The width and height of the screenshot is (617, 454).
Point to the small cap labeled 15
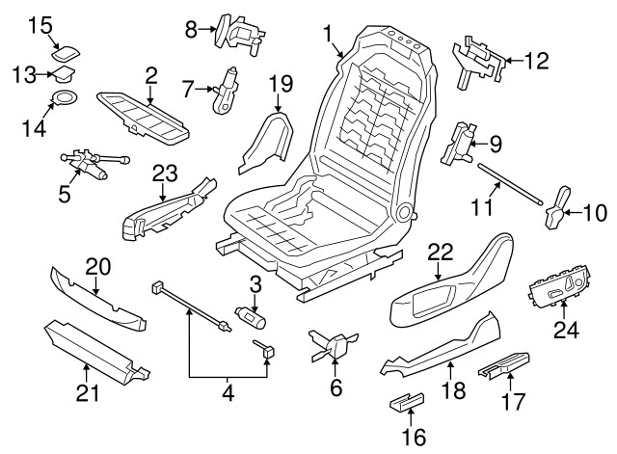coord(69,45)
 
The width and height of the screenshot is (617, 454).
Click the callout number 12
coord(535,63)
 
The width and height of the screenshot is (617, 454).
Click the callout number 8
coord(191,28)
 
